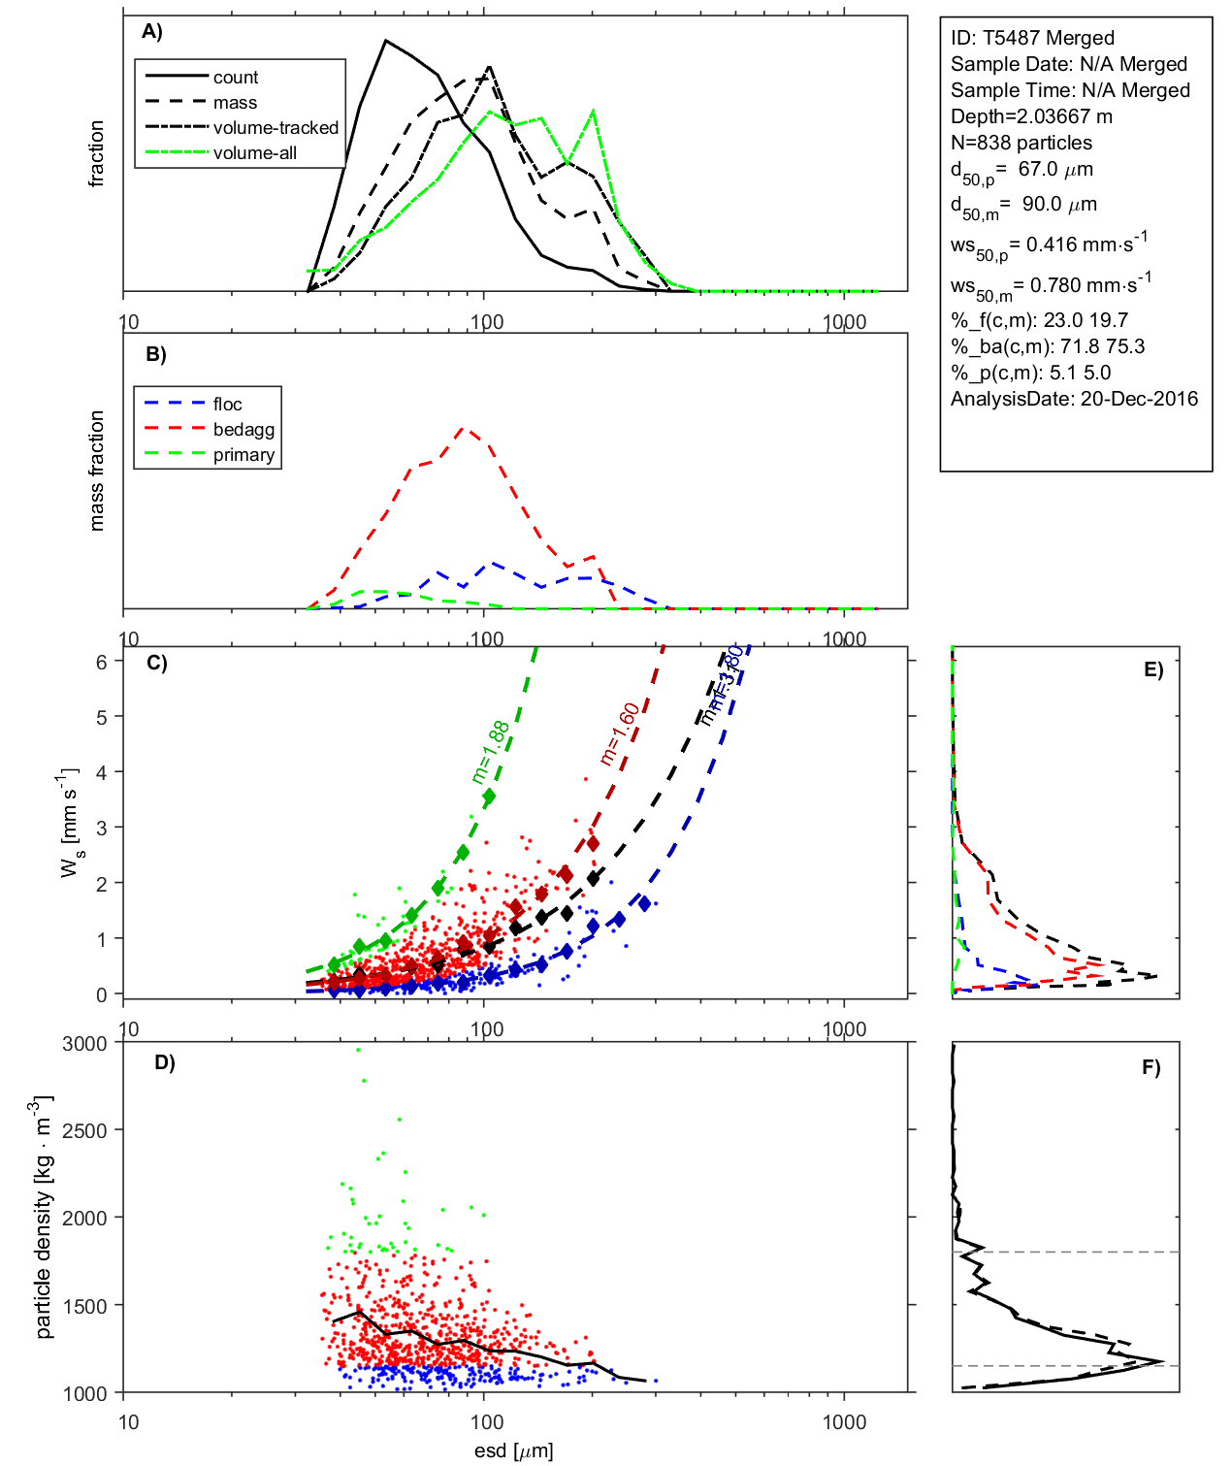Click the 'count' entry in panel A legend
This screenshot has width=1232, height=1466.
(x=236, y=78)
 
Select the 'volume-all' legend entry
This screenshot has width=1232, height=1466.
(x=255, y=153)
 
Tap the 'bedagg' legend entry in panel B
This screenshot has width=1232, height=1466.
(x=243, y=430)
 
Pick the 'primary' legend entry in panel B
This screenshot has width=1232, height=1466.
(x=243, y=455)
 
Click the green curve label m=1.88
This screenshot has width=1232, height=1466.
(x=491, y=752)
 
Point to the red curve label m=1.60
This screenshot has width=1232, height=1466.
(x=620, y=733)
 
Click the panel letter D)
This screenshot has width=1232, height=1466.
(x=165, y=1062)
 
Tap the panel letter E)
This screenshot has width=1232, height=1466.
(x=1152, y=669)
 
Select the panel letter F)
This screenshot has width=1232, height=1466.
(x=1151, y=1067)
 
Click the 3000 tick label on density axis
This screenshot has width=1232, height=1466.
(x=84, y=1044)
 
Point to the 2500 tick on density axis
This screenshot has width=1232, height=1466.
(x=84, y=1130)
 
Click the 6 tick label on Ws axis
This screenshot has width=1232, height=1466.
(x=101, y=662)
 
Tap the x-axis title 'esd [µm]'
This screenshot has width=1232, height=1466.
(x=513, y=1450)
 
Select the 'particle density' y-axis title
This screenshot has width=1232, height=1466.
(x=44, y=1218)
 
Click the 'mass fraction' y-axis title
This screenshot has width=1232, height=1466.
(x=96, y=471)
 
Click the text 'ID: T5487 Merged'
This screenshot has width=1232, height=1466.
(x=1032, y=38)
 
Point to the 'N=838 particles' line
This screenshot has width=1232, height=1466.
(x=1021, y=143)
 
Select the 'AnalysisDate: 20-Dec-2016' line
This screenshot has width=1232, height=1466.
(x=1074, y=399)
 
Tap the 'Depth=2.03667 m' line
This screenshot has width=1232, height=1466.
(x=1031, y=116)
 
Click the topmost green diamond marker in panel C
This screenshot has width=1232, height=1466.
(x=489, y=796)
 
